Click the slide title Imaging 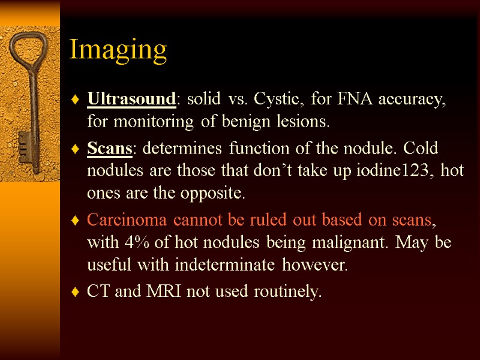coord(118,50)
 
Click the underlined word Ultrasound coord(131,98)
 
